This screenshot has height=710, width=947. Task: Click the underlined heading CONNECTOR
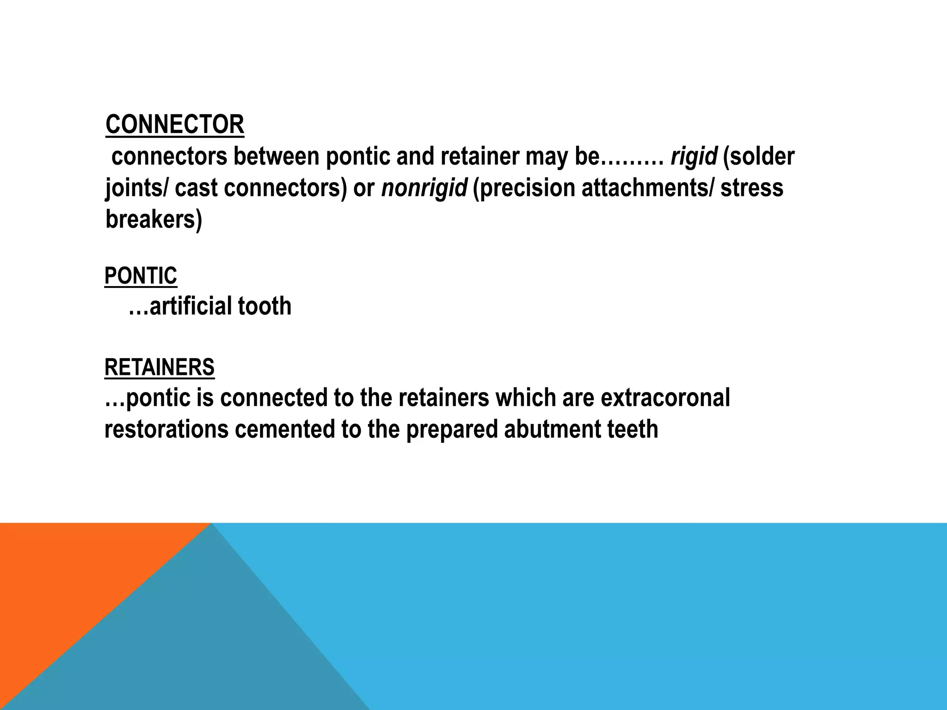click(175, 125)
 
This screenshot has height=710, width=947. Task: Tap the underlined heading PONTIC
click(141, 276)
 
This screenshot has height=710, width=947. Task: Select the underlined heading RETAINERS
click(160, 367)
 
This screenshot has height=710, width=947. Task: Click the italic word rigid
click(694, 156)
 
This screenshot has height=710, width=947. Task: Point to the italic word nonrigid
click(424, 188)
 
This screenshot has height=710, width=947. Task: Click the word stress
click(752, 188)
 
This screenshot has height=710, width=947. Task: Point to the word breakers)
click(154, 219)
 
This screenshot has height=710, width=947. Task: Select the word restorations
click(166, 429)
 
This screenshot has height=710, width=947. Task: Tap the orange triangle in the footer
click(69, 578)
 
